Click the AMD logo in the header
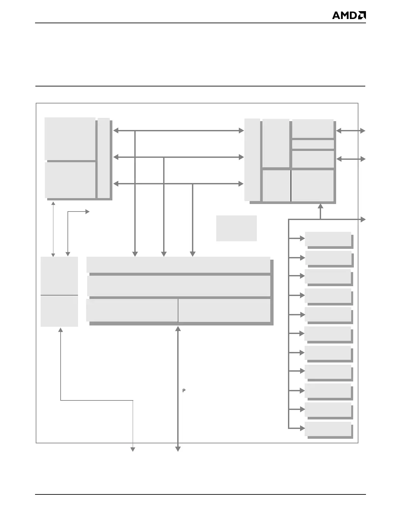(349, 15)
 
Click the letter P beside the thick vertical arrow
(184, 391)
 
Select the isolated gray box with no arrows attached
(236, 228)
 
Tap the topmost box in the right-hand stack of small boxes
(328, 239)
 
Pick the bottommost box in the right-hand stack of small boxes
(328, 429)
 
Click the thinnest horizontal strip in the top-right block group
(313, 144)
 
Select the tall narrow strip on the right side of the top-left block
(104, 158)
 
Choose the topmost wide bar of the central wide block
(178, 265)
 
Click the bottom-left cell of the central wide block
(132, 310)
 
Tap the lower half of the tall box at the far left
(59, 311)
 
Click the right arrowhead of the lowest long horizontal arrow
(241, 184)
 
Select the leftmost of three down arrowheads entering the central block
(135, 254)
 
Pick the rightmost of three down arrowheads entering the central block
(193, 254)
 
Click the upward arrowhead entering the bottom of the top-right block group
(320, 206)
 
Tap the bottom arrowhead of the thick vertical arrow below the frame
(178, 449)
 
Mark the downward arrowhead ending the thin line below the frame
(133, 449)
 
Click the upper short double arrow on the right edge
(351, 131)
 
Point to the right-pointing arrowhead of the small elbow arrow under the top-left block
(87, 212)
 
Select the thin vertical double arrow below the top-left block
(53, 229)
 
